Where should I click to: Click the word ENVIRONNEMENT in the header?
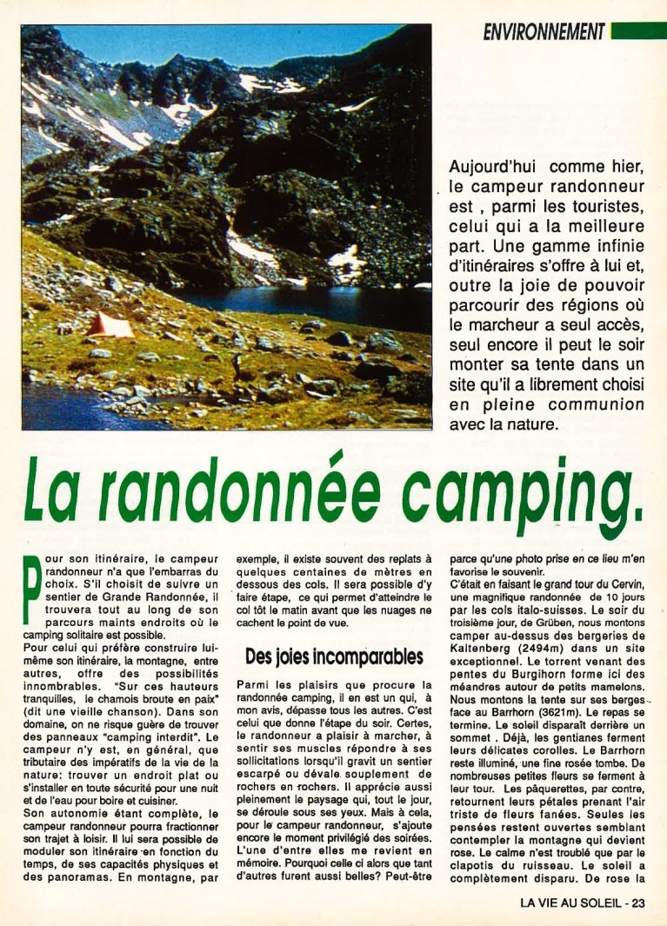point(544,32)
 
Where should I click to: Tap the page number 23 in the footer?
point(638,903)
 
